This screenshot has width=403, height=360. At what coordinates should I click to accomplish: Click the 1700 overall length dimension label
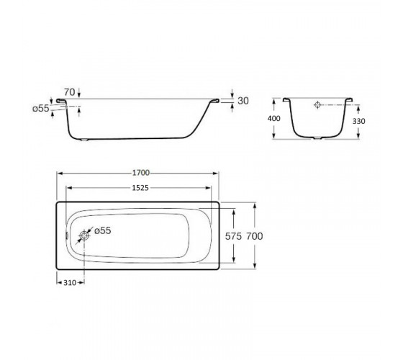click(x=141, y=173)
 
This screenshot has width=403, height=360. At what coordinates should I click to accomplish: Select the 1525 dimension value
click(x=140, y=188)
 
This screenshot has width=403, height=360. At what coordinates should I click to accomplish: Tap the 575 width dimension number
click(x=233, y=236)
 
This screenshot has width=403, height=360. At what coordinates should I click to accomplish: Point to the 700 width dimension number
click(x=255, y=236)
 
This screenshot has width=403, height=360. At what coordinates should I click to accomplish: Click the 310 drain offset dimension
click(x=70, y=282)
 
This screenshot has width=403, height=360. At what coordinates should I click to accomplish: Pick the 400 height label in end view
click(x=274, y=119)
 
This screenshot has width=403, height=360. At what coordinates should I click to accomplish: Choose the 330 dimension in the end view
click(x=358, y=121)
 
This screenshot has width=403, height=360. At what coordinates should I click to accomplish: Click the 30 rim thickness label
click(x=243, y=101)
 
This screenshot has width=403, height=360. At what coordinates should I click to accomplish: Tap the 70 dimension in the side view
click(x=69, y=92)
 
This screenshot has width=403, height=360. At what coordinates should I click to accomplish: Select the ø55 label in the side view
click(x=40, y=109)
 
